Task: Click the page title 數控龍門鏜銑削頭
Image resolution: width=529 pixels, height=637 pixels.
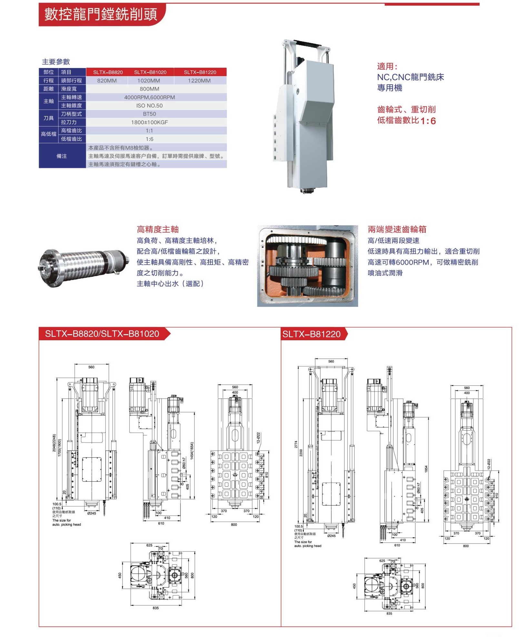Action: tap(101, 15)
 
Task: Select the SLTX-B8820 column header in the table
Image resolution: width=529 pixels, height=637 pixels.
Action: tap(108, 72)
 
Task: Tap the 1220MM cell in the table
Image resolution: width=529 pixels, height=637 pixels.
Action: tap(199, 81)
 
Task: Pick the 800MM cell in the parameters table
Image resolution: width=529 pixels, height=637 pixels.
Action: tap(149, 89)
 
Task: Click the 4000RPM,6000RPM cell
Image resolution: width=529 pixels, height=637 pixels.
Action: tap(149, 97)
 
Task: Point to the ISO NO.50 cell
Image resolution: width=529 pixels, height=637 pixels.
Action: tap(149, 106)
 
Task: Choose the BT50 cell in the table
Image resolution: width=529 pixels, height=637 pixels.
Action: tap(149, 114)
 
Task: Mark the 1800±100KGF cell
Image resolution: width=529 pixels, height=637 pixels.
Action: tap(149, 123)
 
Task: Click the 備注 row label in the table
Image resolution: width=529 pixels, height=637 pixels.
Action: tap(62, 156)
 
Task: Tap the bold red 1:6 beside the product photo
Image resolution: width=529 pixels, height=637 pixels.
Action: tap(428, 121)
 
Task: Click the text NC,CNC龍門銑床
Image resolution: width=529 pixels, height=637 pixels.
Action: tap(410, 77)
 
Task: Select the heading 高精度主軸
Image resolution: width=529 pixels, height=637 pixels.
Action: tap(157, 229)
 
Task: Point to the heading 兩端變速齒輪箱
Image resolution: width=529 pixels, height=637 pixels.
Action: tap(397, 229)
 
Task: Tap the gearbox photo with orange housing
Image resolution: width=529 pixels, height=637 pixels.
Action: tap(307, 266)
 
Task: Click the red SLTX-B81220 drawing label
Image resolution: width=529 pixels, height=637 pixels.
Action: tap(312, 334)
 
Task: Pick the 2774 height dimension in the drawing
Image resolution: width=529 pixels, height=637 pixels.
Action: tap(296, 444)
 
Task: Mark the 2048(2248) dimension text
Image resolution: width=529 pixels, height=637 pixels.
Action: tap(54, 443)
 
